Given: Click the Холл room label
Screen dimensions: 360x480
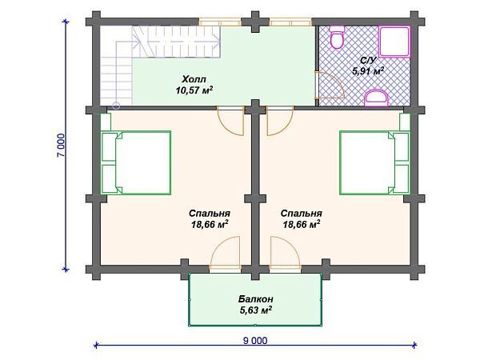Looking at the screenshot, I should pyautogui.click(x=194, y=79).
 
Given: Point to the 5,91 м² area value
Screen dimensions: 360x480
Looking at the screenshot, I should pyautogui.click(x=368, y=70).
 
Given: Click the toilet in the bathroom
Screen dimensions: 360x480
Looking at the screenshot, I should pyautogui.click(x=337, y=38).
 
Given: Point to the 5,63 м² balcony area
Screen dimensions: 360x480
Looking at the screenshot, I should pyautogui.click(x=256, y=310).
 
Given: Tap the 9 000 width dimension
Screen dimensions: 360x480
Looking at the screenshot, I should pyautogui.click(x=254, y=340).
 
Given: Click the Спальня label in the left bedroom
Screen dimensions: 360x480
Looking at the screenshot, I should pyautogui.click(x=210, y=214).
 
